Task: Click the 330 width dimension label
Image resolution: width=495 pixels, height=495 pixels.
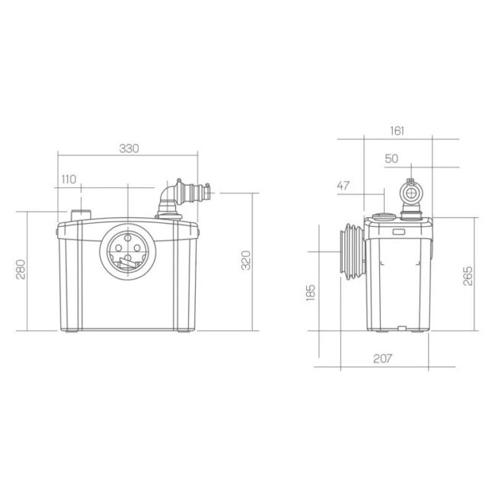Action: pyautogui.click(x=129, y=148)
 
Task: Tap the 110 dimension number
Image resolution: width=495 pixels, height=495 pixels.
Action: pyautogui.click(x=69, y=179)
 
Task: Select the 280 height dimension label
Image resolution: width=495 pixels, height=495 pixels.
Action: pyautogui.click(x=21, y=270)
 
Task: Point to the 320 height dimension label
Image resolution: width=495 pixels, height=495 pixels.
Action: pyautogui.click(x=246, y=260)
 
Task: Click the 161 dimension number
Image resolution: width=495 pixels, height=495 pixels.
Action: pyautogui.click(x=397, y=131)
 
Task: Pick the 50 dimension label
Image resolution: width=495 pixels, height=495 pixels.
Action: pyautogui.click(x=391, y=158)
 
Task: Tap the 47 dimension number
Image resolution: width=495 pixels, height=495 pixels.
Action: pyautogui.click(x=343, y=185)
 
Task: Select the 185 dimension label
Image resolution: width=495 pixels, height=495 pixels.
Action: pyautogui.click(x=311, y=292)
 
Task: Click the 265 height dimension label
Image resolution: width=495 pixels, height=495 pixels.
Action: pyautogui.click(x=468, y=276)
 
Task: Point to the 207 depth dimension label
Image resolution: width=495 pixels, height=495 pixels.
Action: pyautogui.click(x=382, y=359)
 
